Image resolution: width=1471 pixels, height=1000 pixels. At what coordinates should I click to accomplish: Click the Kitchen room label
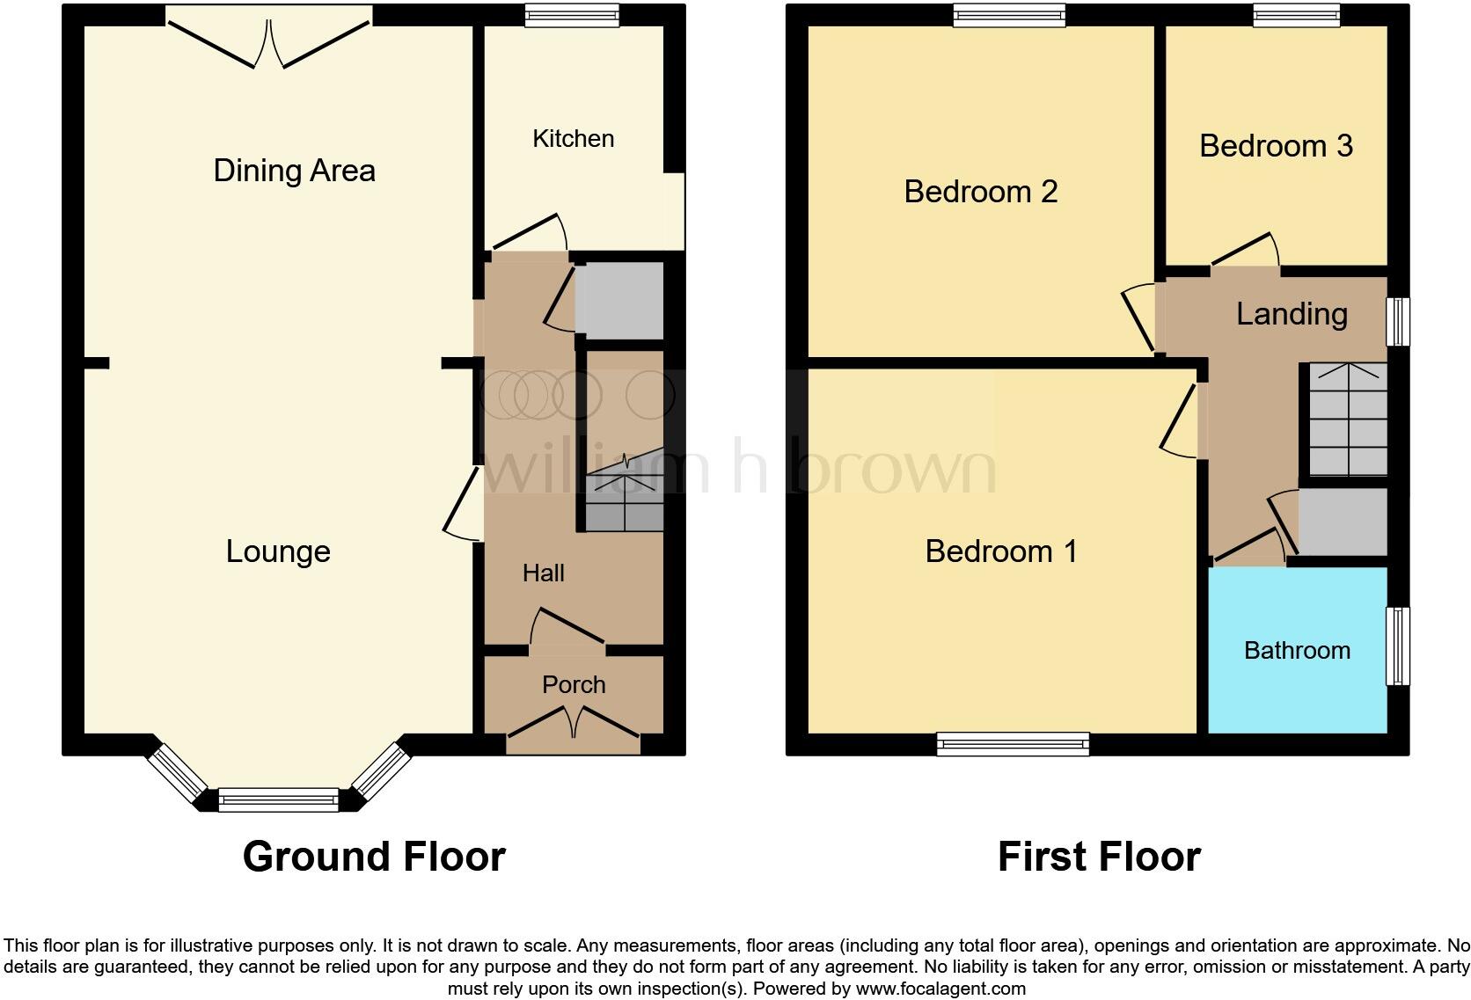[x=573, y=139]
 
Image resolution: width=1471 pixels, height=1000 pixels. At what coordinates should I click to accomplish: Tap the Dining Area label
[x=294, y=171]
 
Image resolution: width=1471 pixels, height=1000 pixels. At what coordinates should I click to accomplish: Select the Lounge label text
[x=278, y=551]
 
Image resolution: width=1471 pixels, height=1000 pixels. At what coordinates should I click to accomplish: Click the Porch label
[x=574, y=684]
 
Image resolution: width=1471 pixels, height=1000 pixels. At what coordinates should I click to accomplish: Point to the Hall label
[x=543, y=573]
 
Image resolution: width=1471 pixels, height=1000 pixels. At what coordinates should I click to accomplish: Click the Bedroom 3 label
[x=1275, y=146]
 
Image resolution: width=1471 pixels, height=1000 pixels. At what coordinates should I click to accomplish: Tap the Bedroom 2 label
[x=980, y=192]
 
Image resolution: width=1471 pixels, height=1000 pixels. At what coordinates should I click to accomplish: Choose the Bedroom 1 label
[x=1000, y=551]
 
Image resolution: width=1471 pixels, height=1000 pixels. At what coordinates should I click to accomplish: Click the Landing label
[x=1291, y=314]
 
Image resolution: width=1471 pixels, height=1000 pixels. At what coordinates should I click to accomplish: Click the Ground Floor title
[x=374, y=856]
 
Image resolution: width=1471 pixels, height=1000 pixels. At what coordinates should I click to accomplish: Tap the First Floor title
[x=1098, y=856]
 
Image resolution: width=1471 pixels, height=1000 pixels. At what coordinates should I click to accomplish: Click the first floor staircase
[x=1347, y=420]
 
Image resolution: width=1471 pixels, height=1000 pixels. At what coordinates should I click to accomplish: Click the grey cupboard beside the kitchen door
[x=618, y=300]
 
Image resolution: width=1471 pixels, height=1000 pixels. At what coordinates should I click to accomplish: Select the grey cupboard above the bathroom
[x=1342, y=522]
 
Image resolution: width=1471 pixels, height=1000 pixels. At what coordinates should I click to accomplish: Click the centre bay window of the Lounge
[x=278, y=800]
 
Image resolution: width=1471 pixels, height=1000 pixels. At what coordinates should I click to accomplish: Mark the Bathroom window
[x=1398, y=646]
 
